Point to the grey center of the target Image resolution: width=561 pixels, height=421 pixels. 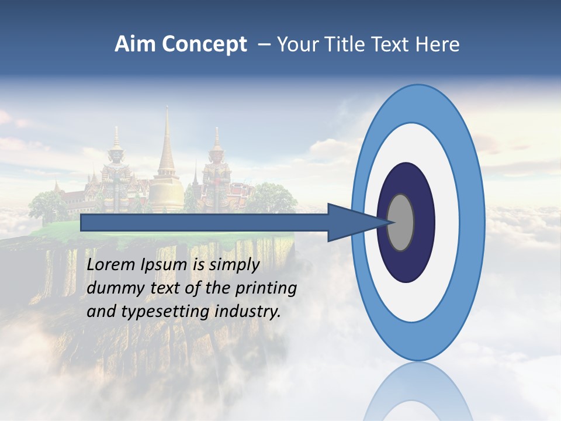401,222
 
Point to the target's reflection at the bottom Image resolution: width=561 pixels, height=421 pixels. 418,395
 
